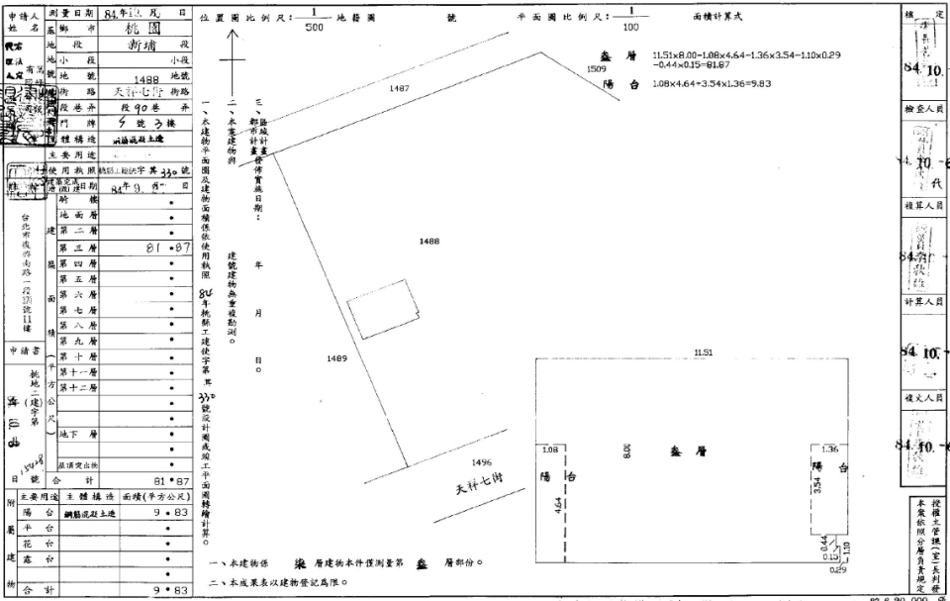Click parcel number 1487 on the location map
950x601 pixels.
point(399,88)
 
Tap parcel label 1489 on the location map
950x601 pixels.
point(337,358)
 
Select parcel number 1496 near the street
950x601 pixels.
point(482,461)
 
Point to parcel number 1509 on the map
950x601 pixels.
point(596,69)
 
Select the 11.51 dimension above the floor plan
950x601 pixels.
point(704,352)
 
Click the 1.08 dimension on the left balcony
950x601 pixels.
point(549,449)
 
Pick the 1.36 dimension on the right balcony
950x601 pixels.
point(828,449)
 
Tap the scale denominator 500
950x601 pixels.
point(314,28)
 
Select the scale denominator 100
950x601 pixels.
point(630,28)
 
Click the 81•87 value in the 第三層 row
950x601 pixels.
point(166,248)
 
